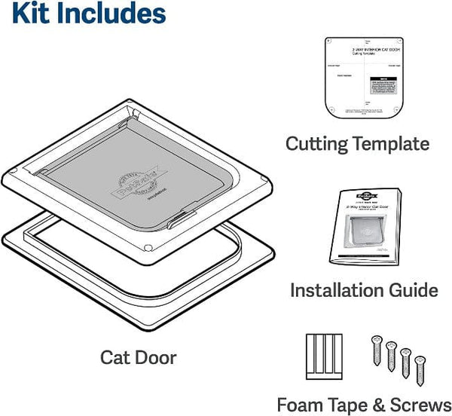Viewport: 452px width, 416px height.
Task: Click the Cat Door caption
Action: click(138, 356)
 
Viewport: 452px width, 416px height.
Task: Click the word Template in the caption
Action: click(395, 143)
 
